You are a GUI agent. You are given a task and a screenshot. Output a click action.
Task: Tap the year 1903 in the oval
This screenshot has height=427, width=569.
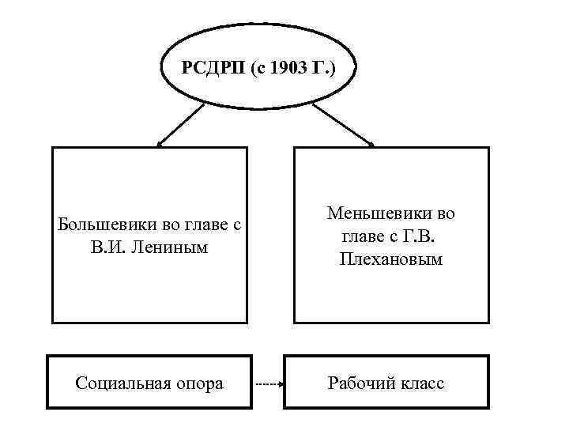click(x=287, y=68)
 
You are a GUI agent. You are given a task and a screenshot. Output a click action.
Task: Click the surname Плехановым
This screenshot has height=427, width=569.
click(x=391, y=259)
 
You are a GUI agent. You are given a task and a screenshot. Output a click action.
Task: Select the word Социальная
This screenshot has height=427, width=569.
click(x=122, y=384)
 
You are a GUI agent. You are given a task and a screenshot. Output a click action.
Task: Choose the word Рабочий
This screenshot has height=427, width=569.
click(x=360, y=384)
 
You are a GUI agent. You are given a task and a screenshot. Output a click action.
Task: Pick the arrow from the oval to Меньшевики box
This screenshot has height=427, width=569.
click(x=344, y=124)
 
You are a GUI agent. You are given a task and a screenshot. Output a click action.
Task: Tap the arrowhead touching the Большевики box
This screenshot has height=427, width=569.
click(x=160, y=144)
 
